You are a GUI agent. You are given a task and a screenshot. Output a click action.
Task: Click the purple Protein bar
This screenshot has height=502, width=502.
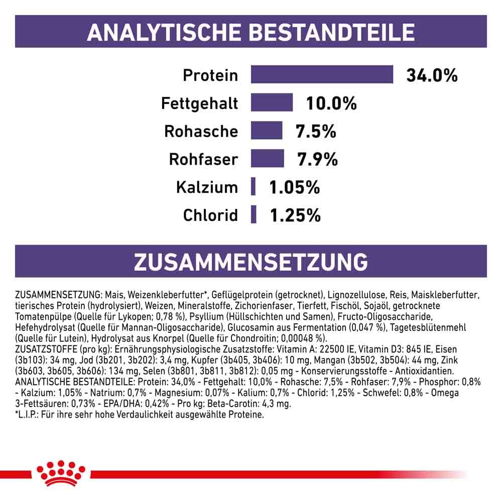point(322,75)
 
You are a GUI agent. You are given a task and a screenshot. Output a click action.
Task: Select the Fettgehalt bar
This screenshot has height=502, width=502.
point(272,103)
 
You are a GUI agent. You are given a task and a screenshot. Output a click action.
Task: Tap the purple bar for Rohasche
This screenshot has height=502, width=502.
point(266,131)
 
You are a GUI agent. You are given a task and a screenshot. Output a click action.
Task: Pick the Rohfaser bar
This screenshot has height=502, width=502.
point(267,159)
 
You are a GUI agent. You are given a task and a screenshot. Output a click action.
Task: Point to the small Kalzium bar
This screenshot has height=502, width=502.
point(254,187)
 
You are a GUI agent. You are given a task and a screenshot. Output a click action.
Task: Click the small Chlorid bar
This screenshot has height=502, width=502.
point(254,215)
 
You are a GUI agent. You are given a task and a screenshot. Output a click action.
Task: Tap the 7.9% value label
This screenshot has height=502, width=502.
point(317,160)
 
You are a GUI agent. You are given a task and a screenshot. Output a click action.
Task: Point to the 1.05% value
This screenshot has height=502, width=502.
point(295,188)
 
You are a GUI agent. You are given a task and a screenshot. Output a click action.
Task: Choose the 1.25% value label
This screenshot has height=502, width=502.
point(295,216)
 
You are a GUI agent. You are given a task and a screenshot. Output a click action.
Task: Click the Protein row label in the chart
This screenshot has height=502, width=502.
point(210,76)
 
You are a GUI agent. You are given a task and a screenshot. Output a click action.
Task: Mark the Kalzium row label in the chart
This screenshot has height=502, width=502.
point(206,188)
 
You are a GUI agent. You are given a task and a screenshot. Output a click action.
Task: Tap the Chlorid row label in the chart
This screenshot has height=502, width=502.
point(210,216)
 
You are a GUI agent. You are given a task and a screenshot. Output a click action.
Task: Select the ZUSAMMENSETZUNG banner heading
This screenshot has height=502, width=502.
point(250,262)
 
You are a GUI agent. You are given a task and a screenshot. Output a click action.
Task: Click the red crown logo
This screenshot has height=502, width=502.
point(61,472)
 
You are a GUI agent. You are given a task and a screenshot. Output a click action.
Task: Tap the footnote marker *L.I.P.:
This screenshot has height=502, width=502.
point(31,415)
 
